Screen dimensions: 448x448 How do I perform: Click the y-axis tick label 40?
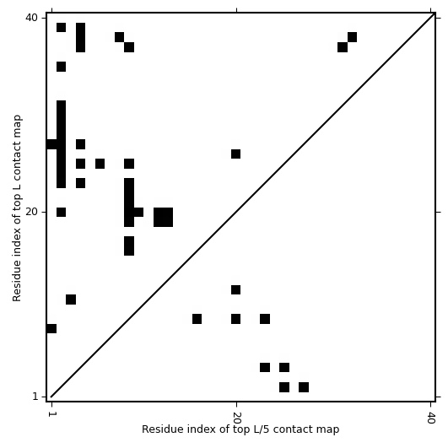pos(31,18)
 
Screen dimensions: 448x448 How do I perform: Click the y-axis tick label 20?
pos(31,212)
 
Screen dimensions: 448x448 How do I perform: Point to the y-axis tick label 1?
pos(35,397)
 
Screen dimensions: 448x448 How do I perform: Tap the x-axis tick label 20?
pos(237,418)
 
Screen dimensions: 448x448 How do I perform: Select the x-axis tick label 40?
pos(431,418)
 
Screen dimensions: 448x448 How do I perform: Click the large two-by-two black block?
pos(163,217)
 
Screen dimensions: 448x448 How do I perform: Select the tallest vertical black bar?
pos(61,144)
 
